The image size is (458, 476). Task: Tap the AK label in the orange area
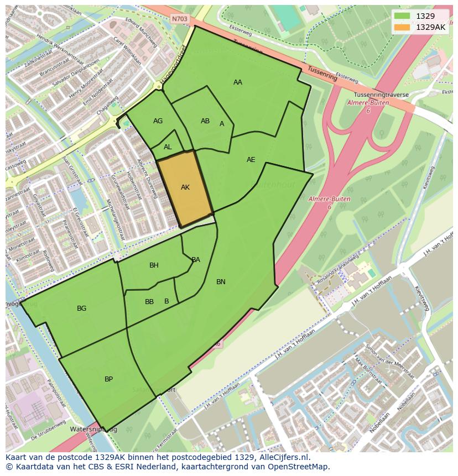[185, 187]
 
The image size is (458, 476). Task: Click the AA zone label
[238, 82]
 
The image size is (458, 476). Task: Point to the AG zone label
[158, 121]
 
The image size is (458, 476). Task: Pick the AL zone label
[168, 147]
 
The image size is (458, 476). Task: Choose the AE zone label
[251, 160]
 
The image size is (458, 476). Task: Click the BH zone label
[154, 265]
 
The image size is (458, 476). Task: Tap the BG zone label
[82, 308]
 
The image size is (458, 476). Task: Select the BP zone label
[109, 379]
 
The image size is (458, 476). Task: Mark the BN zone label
[221, 282]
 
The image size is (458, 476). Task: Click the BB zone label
[149, 302]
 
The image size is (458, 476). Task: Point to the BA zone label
[196, 260]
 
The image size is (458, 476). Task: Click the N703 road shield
[179, 19]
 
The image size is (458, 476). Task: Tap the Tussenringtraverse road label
[378, 95]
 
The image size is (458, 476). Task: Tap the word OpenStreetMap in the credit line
[302, 467]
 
